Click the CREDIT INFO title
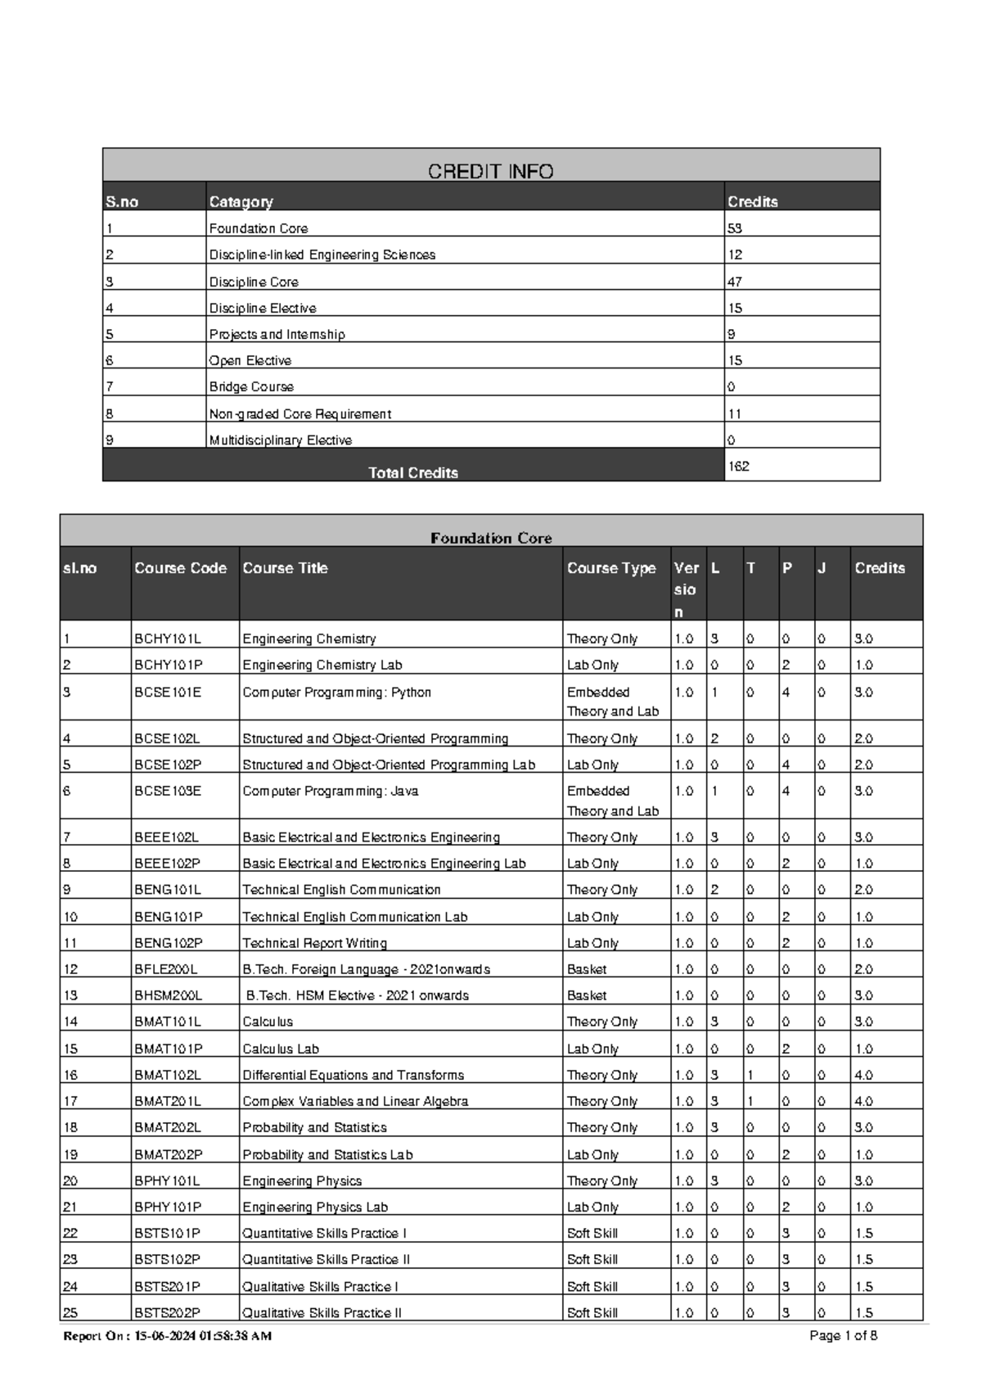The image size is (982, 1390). pyautogui.click(x=490, y=171)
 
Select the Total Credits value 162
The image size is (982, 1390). pyautogui.click(x=739, y=466)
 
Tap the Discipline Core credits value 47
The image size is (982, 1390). pyautogui.click(x=735, y=282)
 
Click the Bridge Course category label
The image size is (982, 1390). pyautogui.click(x=251, y=386)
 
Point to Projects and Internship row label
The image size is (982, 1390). pyautogui.click(x=277, y=334)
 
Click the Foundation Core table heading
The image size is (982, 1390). pyautogui.click(x=491, y=538)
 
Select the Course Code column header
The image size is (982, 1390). pyautogui.click(x=180, y=568)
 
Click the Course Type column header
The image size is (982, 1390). pyautogui.click(x=611, y=568)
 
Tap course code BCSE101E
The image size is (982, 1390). pyautogui.click(x=167, y=692)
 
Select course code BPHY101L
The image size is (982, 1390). pyautogui.click(x=167, y=1180)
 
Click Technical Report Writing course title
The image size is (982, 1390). pyautogui.click(x=314, y=943)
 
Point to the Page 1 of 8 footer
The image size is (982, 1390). pyautogui.click(x=843, y=1336)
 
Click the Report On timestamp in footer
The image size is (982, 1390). pyautogui.click(x=168, y=1336)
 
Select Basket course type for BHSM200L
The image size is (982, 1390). pyautogui.click(x=587, y=995)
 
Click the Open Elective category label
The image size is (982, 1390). pyautogui.click(x=250, y=360)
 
